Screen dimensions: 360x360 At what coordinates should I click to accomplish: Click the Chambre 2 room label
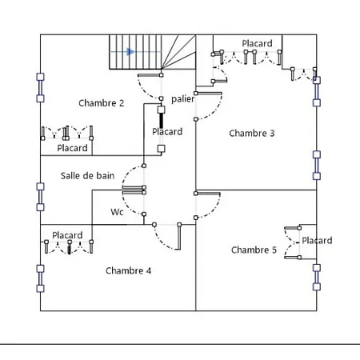pyautogui.click(x=102, y=103)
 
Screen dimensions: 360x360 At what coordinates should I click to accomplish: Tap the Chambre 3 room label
pyautogui.click(x=252, y=133)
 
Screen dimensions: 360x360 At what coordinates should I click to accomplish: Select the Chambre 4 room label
pyautogui.click(x=128, y=270)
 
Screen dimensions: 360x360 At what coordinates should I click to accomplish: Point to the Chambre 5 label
pyautogui.click(x=254, y=250)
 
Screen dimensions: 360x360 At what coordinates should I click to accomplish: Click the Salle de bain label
pyautogui.click(x=87, y=176)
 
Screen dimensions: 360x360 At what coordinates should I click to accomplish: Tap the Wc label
pyautogui.click(x=117, y=212)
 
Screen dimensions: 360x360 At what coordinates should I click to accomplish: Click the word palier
pyautogui.click(x=183, y=99)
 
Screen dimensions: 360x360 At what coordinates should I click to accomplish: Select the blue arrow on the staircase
pyautogui.click(x=130, y=51)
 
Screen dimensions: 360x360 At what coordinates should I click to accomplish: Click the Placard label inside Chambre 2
pyautogui.click(x=72, y=148)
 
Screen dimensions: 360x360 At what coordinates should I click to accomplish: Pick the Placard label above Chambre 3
pyautogui.click(x=257, y=43)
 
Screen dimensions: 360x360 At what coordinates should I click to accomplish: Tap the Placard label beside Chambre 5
pyautogui.click(x=317, y=240)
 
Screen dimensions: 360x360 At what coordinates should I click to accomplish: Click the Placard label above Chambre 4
pyautogui.click(x=67, y=235)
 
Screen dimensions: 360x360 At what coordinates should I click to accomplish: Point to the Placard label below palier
pyautogui.click(x=167, y=131)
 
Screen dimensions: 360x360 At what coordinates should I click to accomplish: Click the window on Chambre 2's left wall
pyautogui.click(x=40, y=88)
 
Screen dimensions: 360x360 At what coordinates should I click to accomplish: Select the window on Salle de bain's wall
pyautogui.click(x=40, y=197)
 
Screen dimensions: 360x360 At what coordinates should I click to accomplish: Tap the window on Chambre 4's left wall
pyautogui.click(x=40, y=278)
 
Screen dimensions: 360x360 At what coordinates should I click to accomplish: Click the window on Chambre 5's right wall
pyautogui.click(x=317, y=278)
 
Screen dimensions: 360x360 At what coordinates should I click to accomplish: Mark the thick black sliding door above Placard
pyautogui.click(x=161, y=120)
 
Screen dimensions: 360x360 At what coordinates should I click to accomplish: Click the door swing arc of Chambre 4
pyautogui.click(x=163, y=242)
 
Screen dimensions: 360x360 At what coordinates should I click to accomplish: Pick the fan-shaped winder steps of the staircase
pyautogui.click(x=178, y=52)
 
